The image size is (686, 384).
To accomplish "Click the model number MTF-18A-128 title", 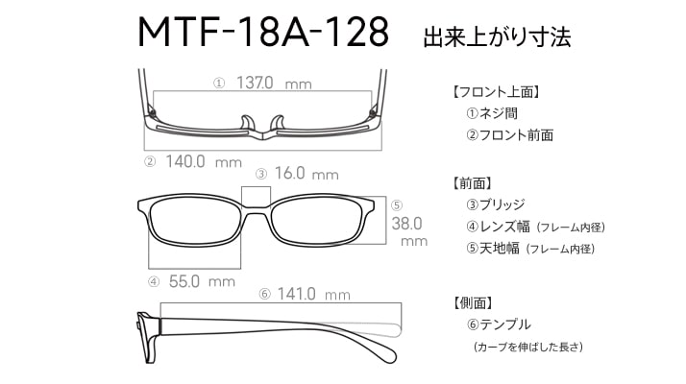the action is coord(263,32).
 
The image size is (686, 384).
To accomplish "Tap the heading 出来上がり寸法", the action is coord(497,36).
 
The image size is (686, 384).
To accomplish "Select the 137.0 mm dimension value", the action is coord(274,83).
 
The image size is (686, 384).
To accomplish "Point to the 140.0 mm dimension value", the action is coord(204,162).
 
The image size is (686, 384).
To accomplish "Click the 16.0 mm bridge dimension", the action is coord(306,174).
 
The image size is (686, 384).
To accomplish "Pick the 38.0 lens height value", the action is coord(406,224).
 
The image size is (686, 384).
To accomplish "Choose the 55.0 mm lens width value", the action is coord(202,281).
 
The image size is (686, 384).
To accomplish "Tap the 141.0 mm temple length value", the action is coord(313,294).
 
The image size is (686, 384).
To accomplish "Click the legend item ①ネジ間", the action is coord(492,113).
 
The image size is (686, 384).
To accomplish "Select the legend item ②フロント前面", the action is coord(509,135).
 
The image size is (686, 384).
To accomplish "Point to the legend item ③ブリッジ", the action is coord(495,204).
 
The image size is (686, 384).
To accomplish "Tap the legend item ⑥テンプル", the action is coord(499,324).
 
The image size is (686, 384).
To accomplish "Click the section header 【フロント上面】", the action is coord(495,92).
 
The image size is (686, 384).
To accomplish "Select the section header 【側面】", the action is coord(473,302).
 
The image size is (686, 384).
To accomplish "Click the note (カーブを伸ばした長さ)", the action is coord(528,347).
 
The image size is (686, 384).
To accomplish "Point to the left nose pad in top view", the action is coord(247,123).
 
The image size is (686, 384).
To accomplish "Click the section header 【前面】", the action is coord(473,183).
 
